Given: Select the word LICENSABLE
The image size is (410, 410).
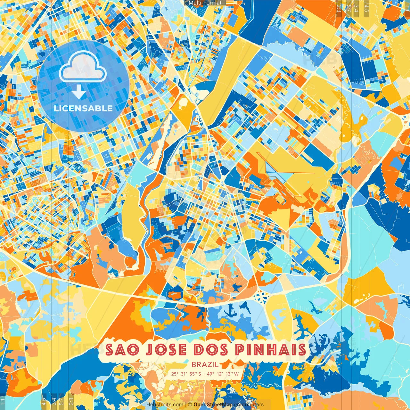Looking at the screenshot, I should tap(83, 108).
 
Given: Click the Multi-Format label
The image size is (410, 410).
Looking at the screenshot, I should tap(205, 3).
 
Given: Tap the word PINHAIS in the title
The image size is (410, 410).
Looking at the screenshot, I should tap(271, 350).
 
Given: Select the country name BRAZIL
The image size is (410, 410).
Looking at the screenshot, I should tap(205, 365).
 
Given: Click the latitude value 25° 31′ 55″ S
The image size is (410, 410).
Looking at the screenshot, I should tap(186, 374).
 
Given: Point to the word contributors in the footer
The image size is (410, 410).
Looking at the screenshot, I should tap(249, 405).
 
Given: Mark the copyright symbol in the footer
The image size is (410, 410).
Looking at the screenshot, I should tap(190, 405).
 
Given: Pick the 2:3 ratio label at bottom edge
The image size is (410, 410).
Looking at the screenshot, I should tap(71, 401).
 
